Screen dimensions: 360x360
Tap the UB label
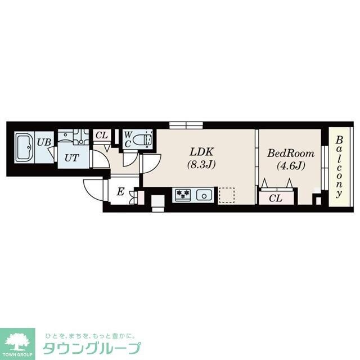click(x=44, y=142)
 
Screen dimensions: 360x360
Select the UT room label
click(x=71, y=157)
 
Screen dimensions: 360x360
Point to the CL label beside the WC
click(x=102, y=135)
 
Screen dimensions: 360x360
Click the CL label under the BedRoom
click(x=275, y=197)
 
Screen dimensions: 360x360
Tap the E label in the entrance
click(x=120, y=192)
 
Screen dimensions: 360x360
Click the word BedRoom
click(x=290, y=152)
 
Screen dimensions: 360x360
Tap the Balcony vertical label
click(x=339, y=167)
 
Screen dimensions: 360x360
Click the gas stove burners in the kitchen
click(x=183, y=195)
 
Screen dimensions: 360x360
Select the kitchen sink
click(x=203, y=195)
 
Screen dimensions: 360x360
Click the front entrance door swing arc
click(x=93, y=186)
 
